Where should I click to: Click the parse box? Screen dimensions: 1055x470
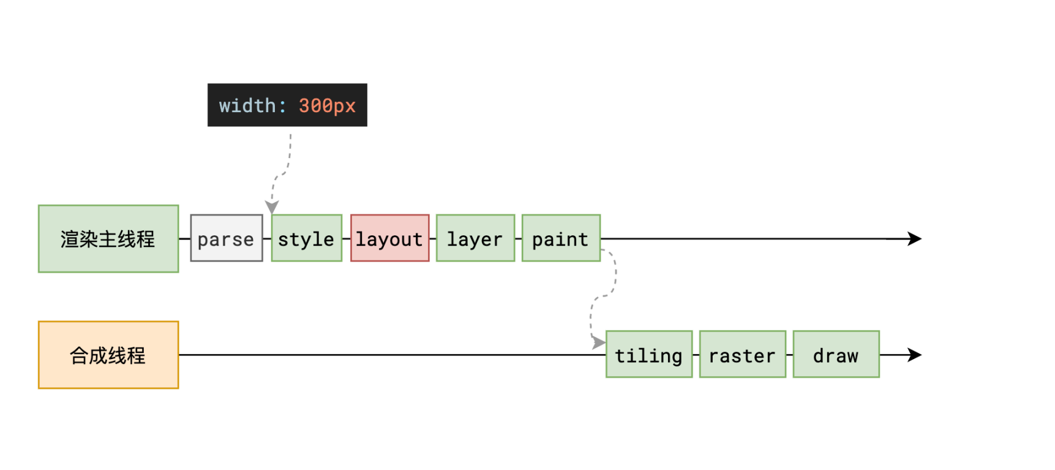227,238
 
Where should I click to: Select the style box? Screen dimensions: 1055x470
307,238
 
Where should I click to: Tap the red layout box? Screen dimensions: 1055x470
390,238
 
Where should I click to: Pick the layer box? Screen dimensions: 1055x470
476,238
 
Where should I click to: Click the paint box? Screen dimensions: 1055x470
561,238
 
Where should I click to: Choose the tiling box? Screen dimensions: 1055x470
649,354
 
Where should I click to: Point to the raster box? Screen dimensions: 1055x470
743,354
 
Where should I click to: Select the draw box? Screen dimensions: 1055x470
836,354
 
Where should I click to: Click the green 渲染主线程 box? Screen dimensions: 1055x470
108,238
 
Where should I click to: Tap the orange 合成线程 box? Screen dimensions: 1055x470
108,355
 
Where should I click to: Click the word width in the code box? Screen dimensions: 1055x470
247,105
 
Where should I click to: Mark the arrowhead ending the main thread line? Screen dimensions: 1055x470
915,238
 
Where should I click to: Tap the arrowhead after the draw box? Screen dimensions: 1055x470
915,355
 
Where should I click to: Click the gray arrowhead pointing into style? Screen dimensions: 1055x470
272,207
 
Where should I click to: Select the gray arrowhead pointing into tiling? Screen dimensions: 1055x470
599,343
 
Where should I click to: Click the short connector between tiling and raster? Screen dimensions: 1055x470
696,355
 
